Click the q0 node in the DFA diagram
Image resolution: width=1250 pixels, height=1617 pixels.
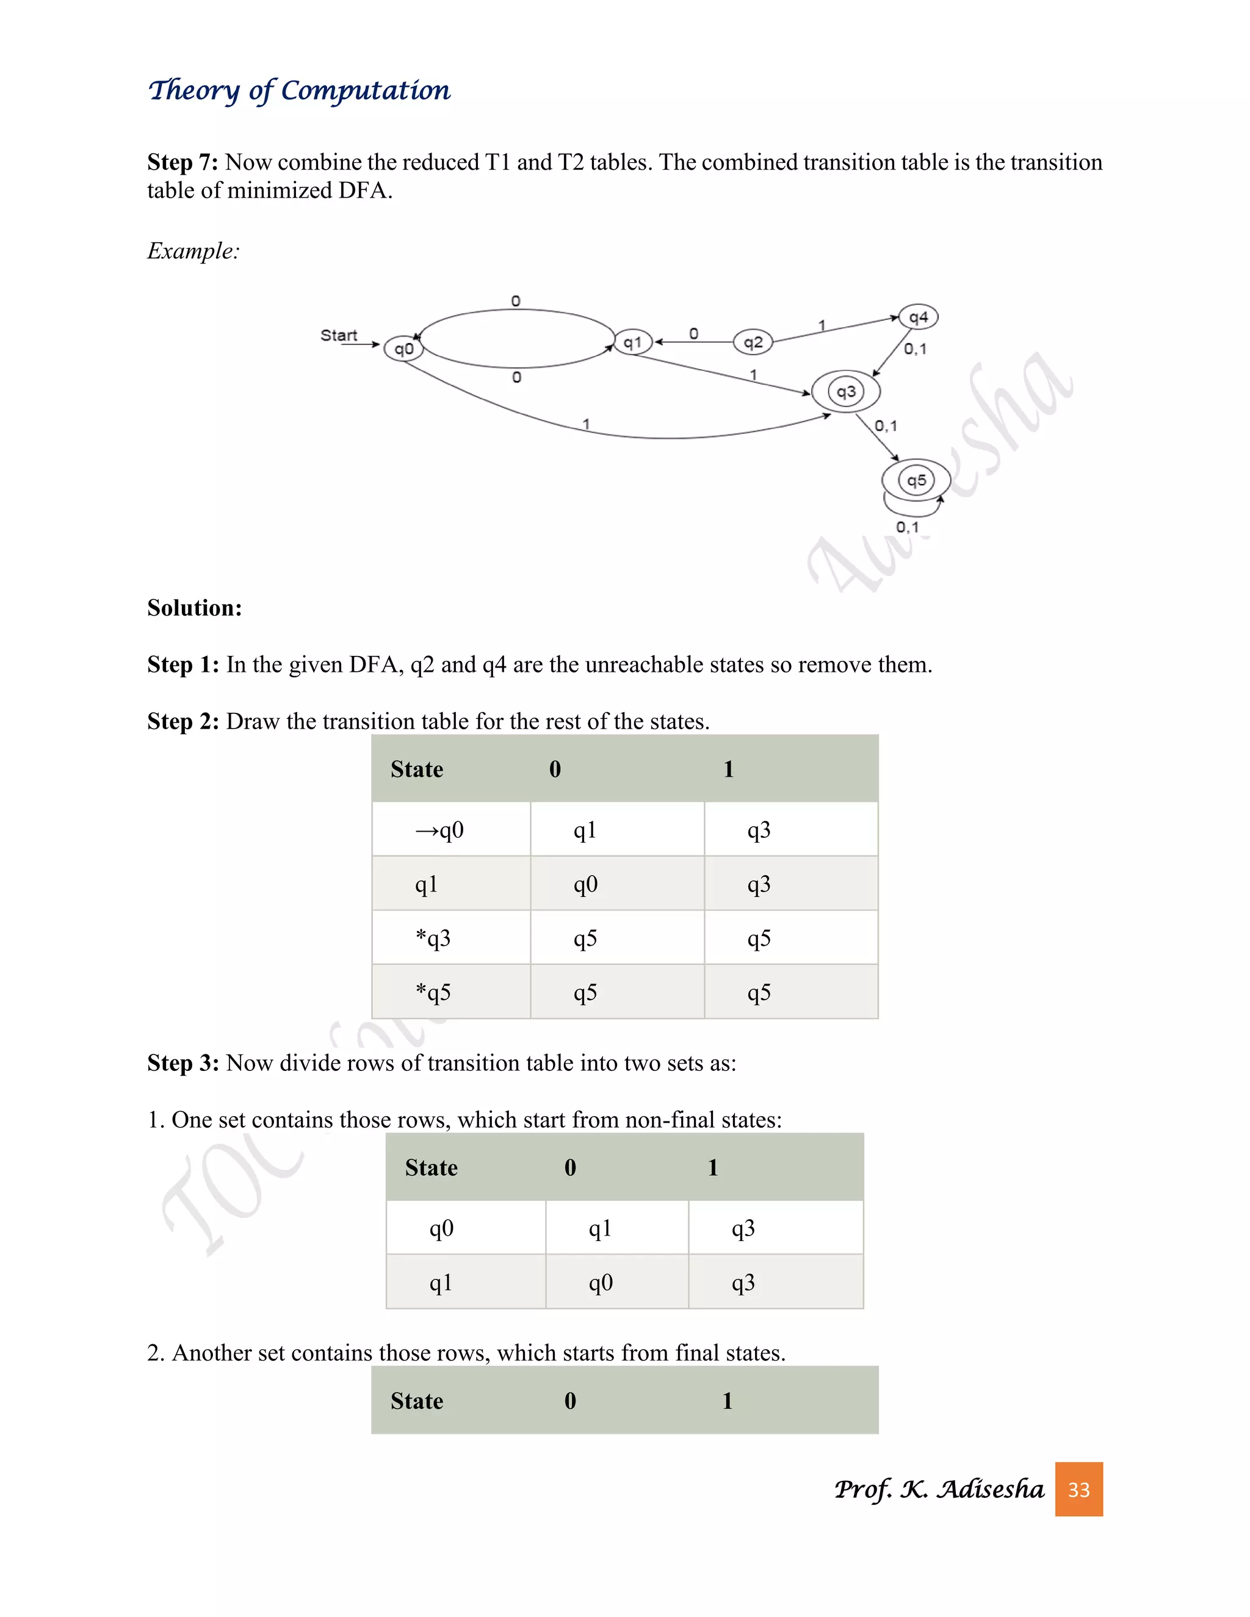(x=403, y=348)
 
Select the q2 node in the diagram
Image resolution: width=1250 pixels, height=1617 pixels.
(x=753, y=342)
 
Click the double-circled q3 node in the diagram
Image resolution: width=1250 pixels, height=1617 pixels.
(x=846, y=392)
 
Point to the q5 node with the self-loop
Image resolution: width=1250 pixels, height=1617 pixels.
(x=916, y=480)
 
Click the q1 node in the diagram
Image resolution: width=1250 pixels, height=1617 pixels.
(x=632, y=342)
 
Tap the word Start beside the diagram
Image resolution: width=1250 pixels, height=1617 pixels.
(x=338, y=336)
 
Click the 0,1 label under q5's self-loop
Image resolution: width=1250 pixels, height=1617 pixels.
(x=907, y=527)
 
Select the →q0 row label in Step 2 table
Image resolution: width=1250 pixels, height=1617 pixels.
(x=440, y=830)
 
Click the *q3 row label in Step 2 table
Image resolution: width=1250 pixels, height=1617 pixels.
(x=433, y=938)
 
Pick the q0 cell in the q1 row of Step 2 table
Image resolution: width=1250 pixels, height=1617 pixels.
(x=585, y=884)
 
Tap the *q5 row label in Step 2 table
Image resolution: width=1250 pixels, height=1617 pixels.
(x=433, y=992)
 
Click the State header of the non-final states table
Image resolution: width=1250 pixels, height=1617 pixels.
(x=431, y=1167)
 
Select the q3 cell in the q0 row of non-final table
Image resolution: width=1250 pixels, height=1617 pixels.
(x=743, y=1228)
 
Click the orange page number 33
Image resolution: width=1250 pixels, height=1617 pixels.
(x=1078, y=1489)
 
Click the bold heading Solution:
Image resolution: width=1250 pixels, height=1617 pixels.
(x=195, y=608)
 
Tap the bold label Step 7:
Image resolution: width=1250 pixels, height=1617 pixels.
(x=182, y=162)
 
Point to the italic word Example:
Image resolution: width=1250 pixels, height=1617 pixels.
(x=193, y=251)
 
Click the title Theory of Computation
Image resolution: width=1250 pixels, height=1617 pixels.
(x=299, y=90)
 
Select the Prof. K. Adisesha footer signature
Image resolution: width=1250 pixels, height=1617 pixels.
(x=938, y=1489)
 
